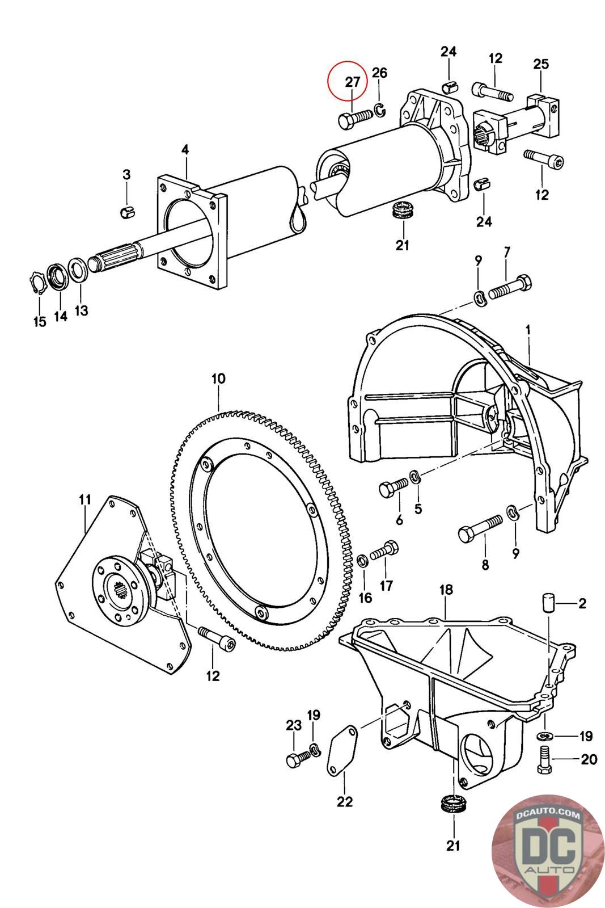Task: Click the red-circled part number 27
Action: pyautogui.click(x=352, y=82)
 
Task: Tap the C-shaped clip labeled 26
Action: pyautogui.click(x=380, y=110)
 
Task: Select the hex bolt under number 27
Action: pyautogui.click(x=355, y=119)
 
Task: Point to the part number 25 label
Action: pyautogui.click(x=541, y=64)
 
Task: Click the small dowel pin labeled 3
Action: pyautogui.click(x=128, y=211)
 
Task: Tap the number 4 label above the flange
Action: pyautogui.click(x=185, y=150)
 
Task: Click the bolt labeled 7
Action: pyautogui.click(x=510, y=287)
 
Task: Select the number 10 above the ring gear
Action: pyautogui.click(x=218, y=379)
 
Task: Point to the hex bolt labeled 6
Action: pyautogui.click(x=394, y=487)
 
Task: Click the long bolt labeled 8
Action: pyautogui.click(x=480, y=527)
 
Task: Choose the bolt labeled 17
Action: pyautogui.click(x=384, y=550)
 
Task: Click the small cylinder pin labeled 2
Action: pyautogui.click(x=548, y=602)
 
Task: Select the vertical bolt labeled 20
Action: pyautogui.click(x=543, y=759)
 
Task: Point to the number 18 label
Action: pyautogui.click(x=446, y=590)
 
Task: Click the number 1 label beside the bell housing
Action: pyautogui.click(x=528, y=330)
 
